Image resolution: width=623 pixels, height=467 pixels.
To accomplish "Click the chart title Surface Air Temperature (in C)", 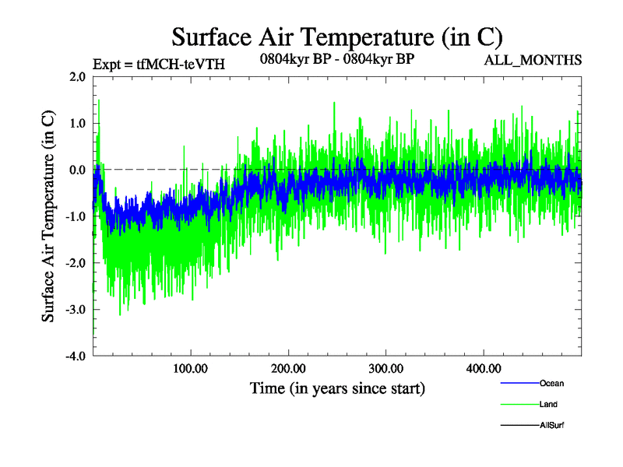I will coord(336,37).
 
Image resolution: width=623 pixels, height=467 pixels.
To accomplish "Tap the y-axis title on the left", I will coord(48,216).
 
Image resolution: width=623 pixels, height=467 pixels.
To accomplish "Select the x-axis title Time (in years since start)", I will coord(337,387).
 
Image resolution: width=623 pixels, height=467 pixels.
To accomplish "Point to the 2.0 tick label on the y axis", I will coord(77,76).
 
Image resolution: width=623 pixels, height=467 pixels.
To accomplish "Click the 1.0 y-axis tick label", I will coord(77,123).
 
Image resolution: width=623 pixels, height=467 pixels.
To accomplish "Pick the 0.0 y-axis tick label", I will coord(77,170).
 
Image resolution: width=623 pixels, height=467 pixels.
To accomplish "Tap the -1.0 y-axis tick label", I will coord(76,216).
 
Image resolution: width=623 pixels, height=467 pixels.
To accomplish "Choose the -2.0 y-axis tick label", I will coord(76,263).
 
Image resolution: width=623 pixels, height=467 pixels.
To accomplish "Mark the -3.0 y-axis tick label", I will coord(76,310).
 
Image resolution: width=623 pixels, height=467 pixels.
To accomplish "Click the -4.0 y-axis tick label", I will coord(76,356).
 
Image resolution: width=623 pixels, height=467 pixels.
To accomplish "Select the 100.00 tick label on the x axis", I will coord(191,367).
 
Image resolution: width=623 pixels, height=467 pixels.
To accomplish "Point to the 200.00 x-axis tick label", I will coord(288,367).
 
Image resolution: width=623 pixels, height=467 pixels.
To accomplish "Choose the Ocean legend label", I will coord(551,383).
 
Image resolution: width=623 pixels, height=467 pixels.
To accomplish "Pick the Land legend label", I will coord(548,404).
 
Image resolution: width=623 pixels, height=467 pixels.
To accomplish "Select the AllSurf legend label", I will coord(551,425).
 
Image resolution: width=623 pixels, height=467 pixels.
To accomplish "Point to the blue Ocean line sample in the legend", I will coord(519,383).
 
